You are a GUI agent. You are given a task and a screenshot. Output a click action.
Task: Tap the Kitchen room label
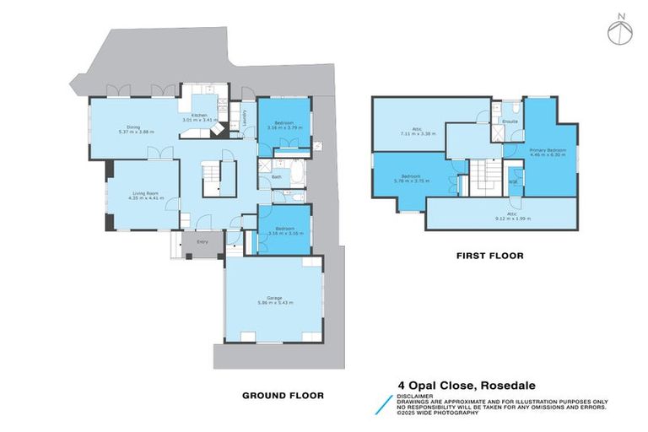point(199,115)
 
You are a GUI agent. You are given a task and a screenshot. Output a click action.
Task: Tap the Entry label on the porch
point(202,242)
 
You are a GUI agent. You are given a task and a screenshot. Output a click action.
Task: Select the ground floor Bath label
point(277,177)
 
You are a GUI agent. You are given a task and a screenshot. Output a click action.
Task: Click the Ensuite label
point(510,121)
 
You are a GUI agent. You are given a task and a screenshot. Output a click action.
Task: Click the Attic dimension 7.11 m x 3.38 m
point(416,133)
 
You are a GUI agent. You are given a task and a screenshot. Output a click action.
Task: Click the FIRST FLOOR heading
point(489,255)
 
